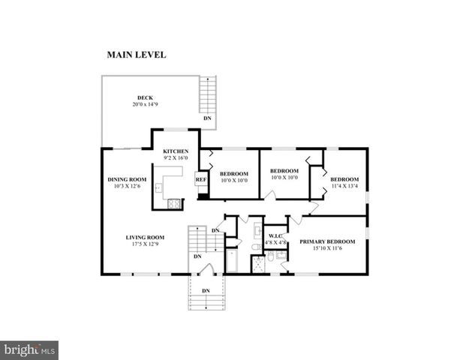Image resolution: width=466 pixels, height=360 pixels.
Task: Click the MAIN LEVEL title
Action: pos(136,55)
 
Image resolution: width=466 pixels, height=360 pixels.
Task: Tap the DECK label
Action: pos(145,97)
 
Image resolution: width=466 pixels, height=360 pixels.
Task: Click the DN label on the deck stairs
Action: pos(206,118)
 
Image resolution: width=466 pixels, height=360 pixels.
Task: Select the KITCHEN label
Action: pos(176,151)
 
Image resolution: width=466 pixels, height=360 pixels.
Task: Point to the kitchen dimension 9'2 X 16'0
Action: pos(176,158)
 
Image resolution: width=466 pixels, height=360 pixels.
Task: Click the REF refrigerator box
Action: pos(201,180)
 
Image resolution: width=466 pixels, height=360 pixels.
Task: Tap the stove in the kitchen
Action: pos(174,202)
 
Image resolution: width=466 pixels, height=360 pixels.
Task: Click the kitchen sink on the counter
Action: pos(158,187)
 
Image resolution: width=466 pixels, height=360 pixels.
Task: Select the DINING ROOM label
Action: pos(126,179)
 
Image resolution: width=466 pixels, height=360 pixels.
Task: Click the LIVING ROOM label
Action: pos(142,238)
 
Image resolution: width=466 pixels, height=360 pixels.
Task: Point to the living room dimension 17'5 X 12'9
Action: pos(142,244)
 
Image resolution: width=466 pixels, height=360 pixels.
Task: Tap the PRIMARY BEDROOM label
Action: pos(327,241)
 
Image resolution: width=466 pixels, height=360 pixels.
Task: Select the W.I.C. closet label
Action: pos(275,236)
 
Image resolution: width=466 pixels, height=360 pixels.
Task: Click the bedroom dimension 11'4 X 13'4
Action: pos(344,187)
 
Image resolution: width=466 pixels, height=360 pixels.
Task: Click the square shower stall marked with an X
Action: pos(259,263)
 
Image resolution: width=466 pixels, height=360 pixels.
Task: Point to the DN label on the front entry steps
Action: pos(205,290)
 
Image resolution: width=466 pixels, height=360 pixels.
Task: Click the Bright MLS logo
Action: pos(29,350)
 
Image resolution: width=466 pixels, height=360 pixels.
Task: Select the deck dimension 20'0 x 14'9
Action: pos(145,103)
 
